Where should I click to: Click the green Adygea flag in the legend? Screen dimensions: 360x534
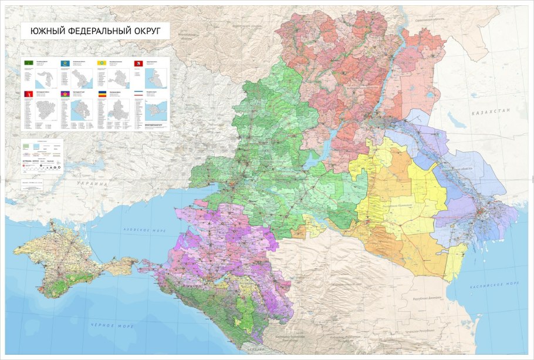coord(28,62)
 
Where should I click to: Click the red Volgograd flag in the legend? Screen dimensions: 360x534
coord(28,94)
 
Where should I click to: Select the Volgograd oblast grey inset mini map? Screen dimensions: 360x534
coord(46,109)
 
